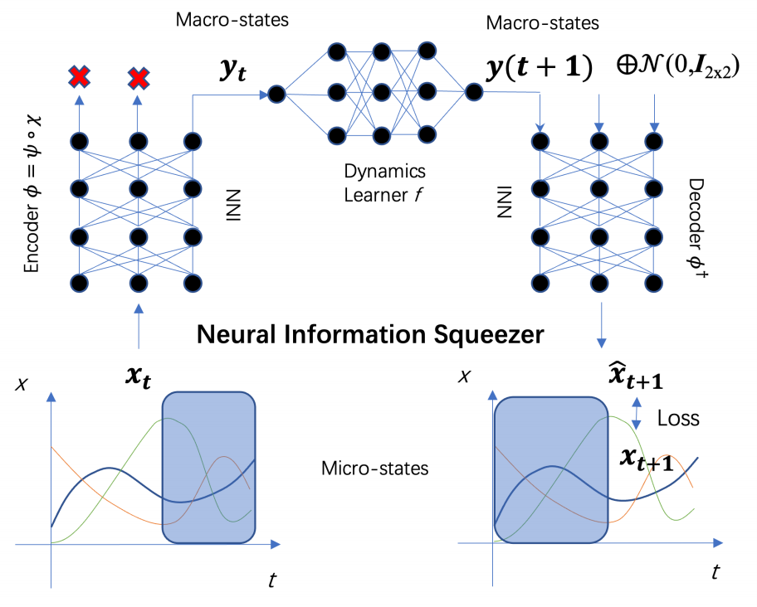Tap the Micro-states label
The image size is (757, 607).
click(x=374, y=469)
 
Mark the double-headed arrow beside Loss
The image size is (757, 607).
click(x=637, y=413)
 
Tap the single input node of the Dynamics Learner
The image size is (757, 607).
click(x=276, y=94)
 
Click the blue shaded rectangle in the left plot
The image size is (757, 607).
click(x=208, y=467)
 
